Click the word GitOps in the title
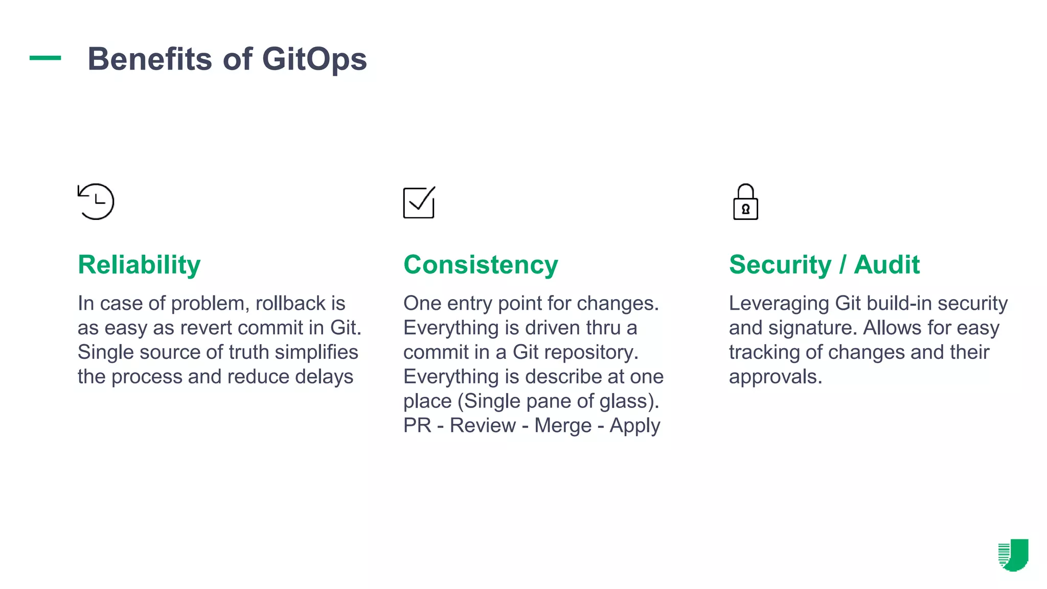(x=314, y=59)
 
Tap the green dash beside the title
(x=45, y=58)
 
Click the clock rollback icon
(x=96, y=201)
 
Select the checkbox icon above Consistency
(x=419, y=202)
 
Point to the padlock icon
(x=745, y=202)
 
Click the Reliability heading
(x=139, y=265)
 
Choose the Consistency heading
(x=481, y=265)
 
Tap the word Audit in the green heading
(x=886, y=265)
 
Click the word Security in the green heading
(x=780, y=265)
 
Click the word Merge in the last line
(x=562, y=425)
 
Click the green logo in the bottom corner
(x=1013, y=555)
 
